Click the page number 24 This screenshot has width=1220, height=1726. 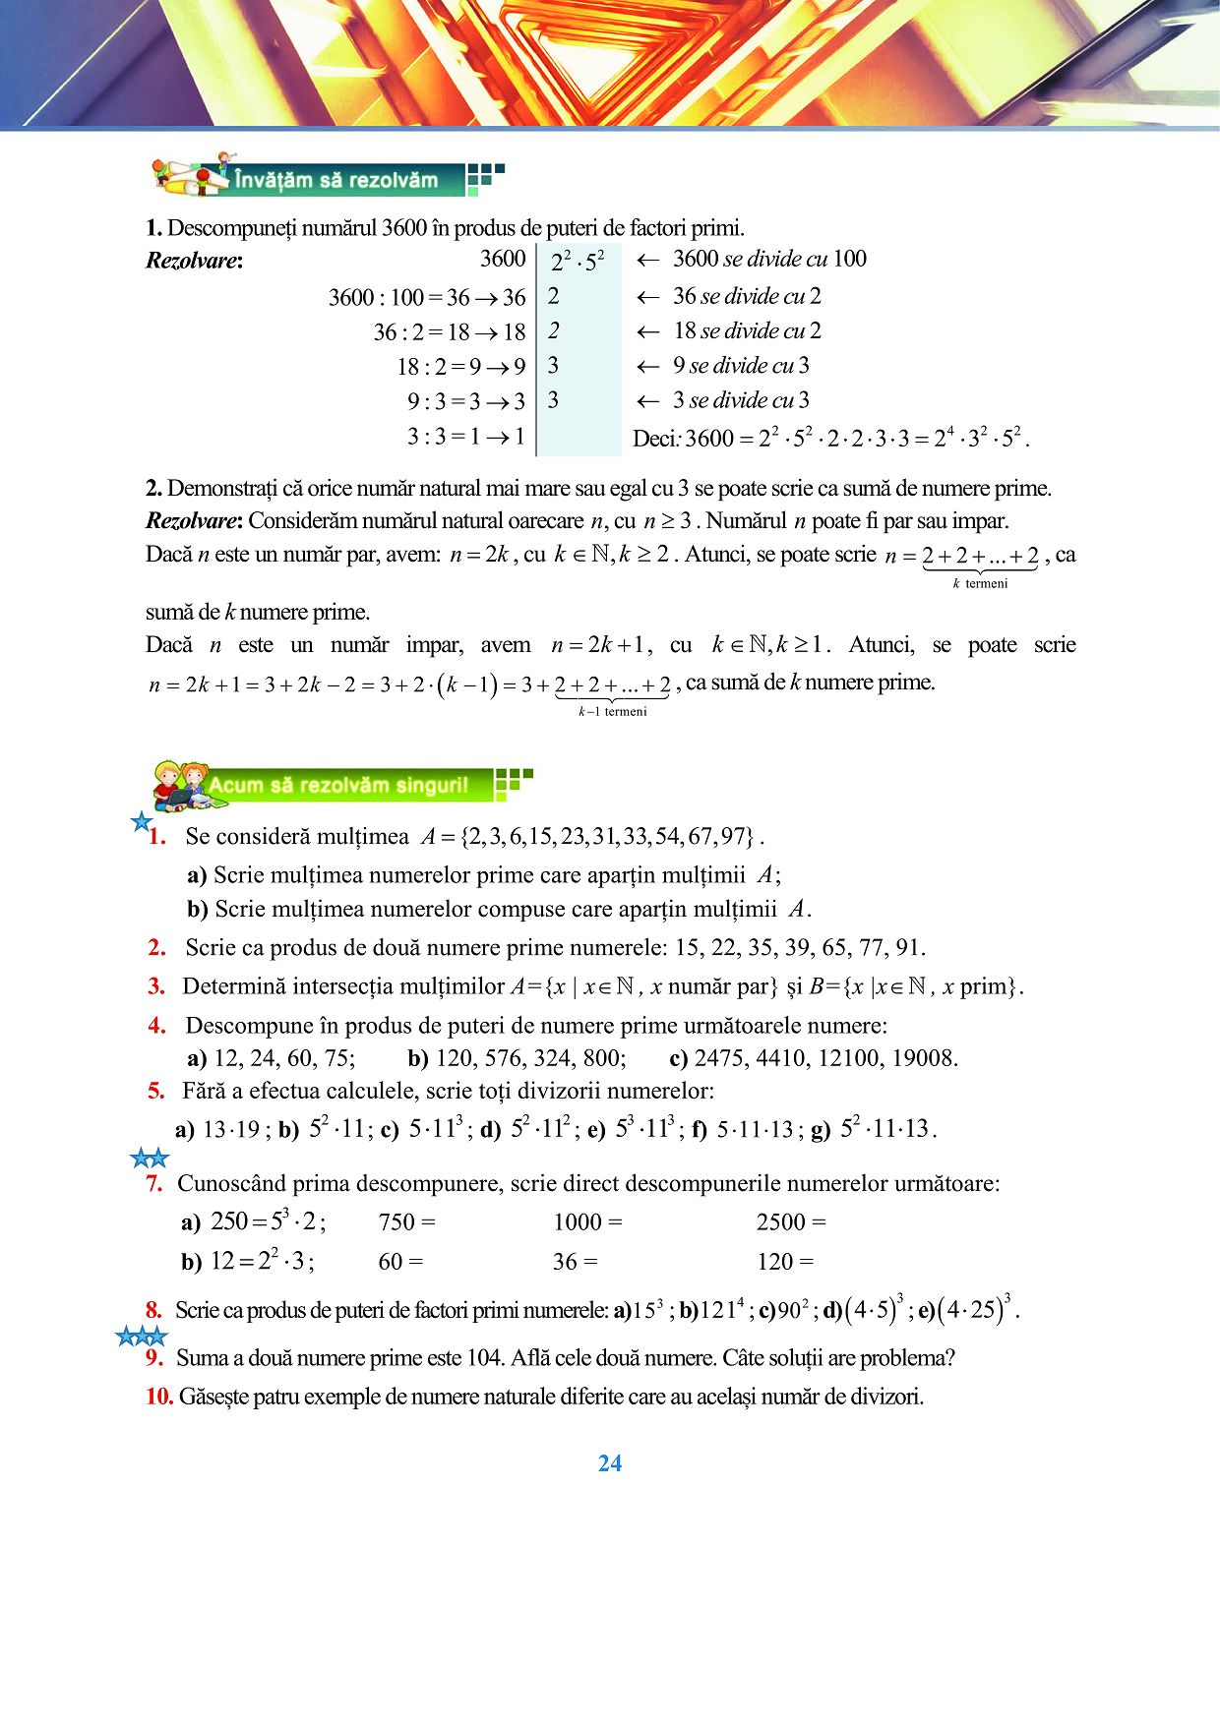(x=610, y=1463)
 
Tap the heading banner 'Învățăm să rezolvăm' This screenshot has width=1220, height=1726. (x=335, y=180)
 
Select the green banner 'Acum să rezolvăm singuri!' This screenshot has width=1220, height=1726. (x=338, y=786)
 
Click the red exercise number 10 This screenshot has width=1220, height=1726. (x=159, y=1397)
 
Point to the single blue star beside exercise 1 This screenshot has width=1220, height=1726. (x=142, y=821)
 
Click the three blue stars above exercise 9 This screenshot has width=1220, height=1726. (x=142, y=1336)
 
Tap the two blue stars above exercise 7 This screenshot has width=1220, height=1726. (x=150, y=1159)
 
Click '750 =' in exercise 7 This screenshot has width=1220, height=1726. (x=406, y=1222)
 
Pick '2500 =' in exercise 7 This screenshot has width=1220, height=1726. (x=791, y=1222)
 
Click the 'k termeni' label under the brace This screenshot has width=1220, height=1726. (x=980, y=583)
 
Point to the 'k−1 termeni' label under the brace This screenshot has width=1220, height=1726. (x=612, y=711)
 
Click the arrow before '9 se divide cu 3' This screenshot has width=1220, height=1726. (x=647, y=367)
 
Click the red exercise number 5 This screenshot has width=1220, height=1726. (x=156, y=1091)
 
